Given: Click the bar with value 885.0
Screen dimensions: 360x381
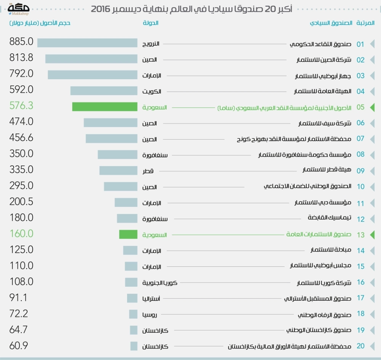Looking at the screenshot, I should (x=87, y=43).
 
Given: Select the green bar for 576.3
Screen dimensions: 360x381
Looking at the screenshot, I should (x=104, y=107).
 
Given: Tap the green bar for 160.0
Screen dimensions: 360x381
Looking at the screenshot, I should (x=128, y=234).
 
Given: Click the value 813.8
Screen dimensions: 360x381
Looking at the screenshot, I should (x=21, y=58).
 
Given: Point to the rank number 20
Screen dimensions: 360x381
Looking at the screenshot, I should (x=360, y=346).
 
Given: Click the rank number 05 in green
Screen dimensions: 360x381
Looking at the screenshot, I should (x=360, y=107).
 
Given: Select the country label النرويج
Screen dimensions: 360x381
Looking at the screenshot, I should (x=151, y=44).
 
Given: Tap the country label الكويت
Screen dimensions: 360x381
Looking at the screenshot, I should (x=152, y=92).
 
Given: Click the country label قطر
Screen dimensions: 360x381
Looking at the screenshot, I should (x=148, y=171).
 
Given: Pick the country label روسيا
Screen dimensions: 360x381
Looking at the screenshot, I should (x=150, y=315).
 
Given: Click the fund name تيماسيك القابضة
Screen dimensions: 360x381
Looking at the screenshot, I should (x=330, y=218).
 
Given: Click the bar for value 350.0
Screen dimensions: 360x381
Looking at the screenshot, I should (x=117, y=155).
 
